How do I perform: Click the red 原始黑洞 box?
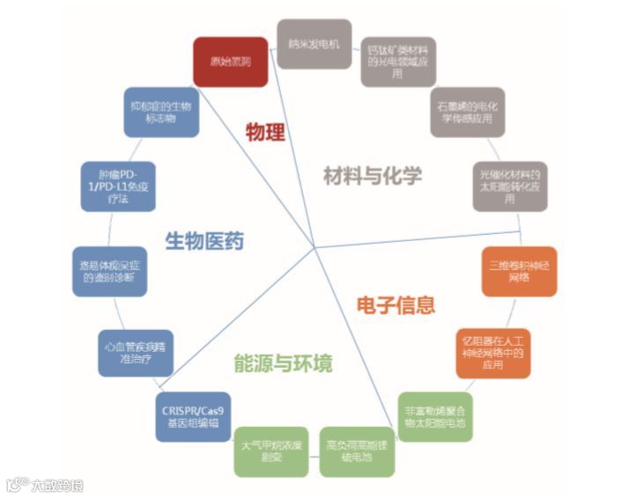(x=230, y=62)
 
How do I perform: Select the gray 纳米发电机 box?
(x=314, y=44)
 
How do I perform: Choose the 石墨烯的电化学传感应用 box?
(x=468, y=112)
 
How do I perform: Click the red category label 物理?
(x=265, y=134)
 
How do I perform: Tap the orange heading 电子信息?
(x=396, y=305)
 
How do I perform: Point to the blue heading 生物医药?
(x=204, y=241)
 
